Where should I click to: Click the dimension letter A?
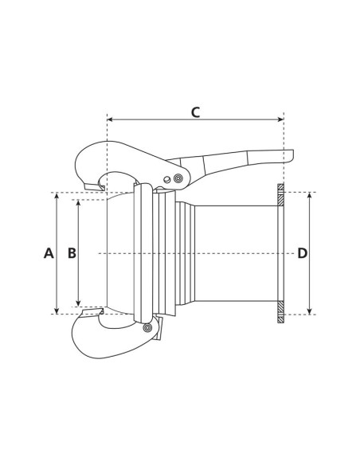pos(48,253)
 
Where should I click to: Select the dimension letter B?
pos(71,253)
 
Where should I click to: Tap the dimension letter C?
pos(195,111)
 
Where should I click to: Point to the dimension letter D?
pos(302,253)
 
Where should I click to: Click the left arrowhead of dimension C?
pos(110,120)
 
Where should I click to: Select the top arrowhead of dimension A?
pos(56,196)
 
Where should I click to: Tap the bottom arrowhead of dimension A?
pos(56,311)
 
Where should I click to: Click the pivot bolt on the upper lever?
pos(178,178)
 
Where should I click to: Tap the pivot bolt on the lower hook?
pos(147,327)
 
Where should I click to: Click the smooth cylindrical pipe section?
pos(235,253)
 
